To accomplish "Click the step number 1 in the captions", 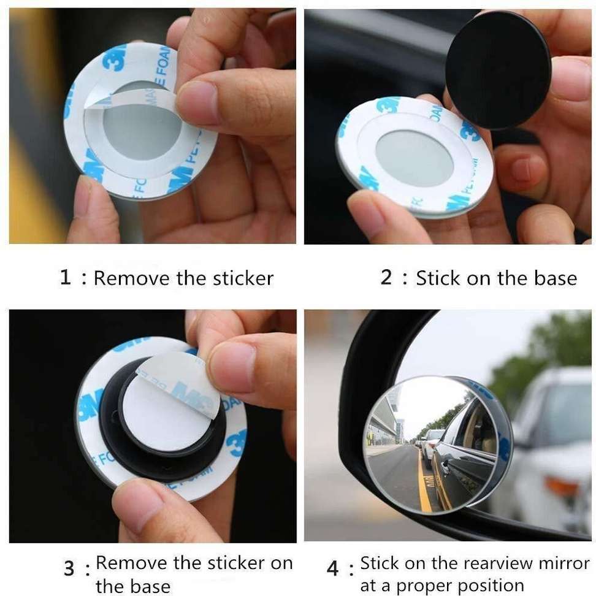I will pyautogui.click(x=66, y=278).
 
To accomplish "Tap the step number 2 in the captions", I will pyautogui.click(x=386, y=277).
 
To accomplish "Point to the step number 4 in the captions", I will pyautogui.click(x=332, y=568).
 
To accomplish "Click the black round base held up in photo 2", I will pyautogui.click(x=497, y=69).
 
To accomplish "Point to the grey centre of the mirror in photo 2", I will pyautogui.click(x=414, y=158).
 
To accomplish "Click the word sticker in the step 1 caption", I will pyautogui.click(x=243, y=278).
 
